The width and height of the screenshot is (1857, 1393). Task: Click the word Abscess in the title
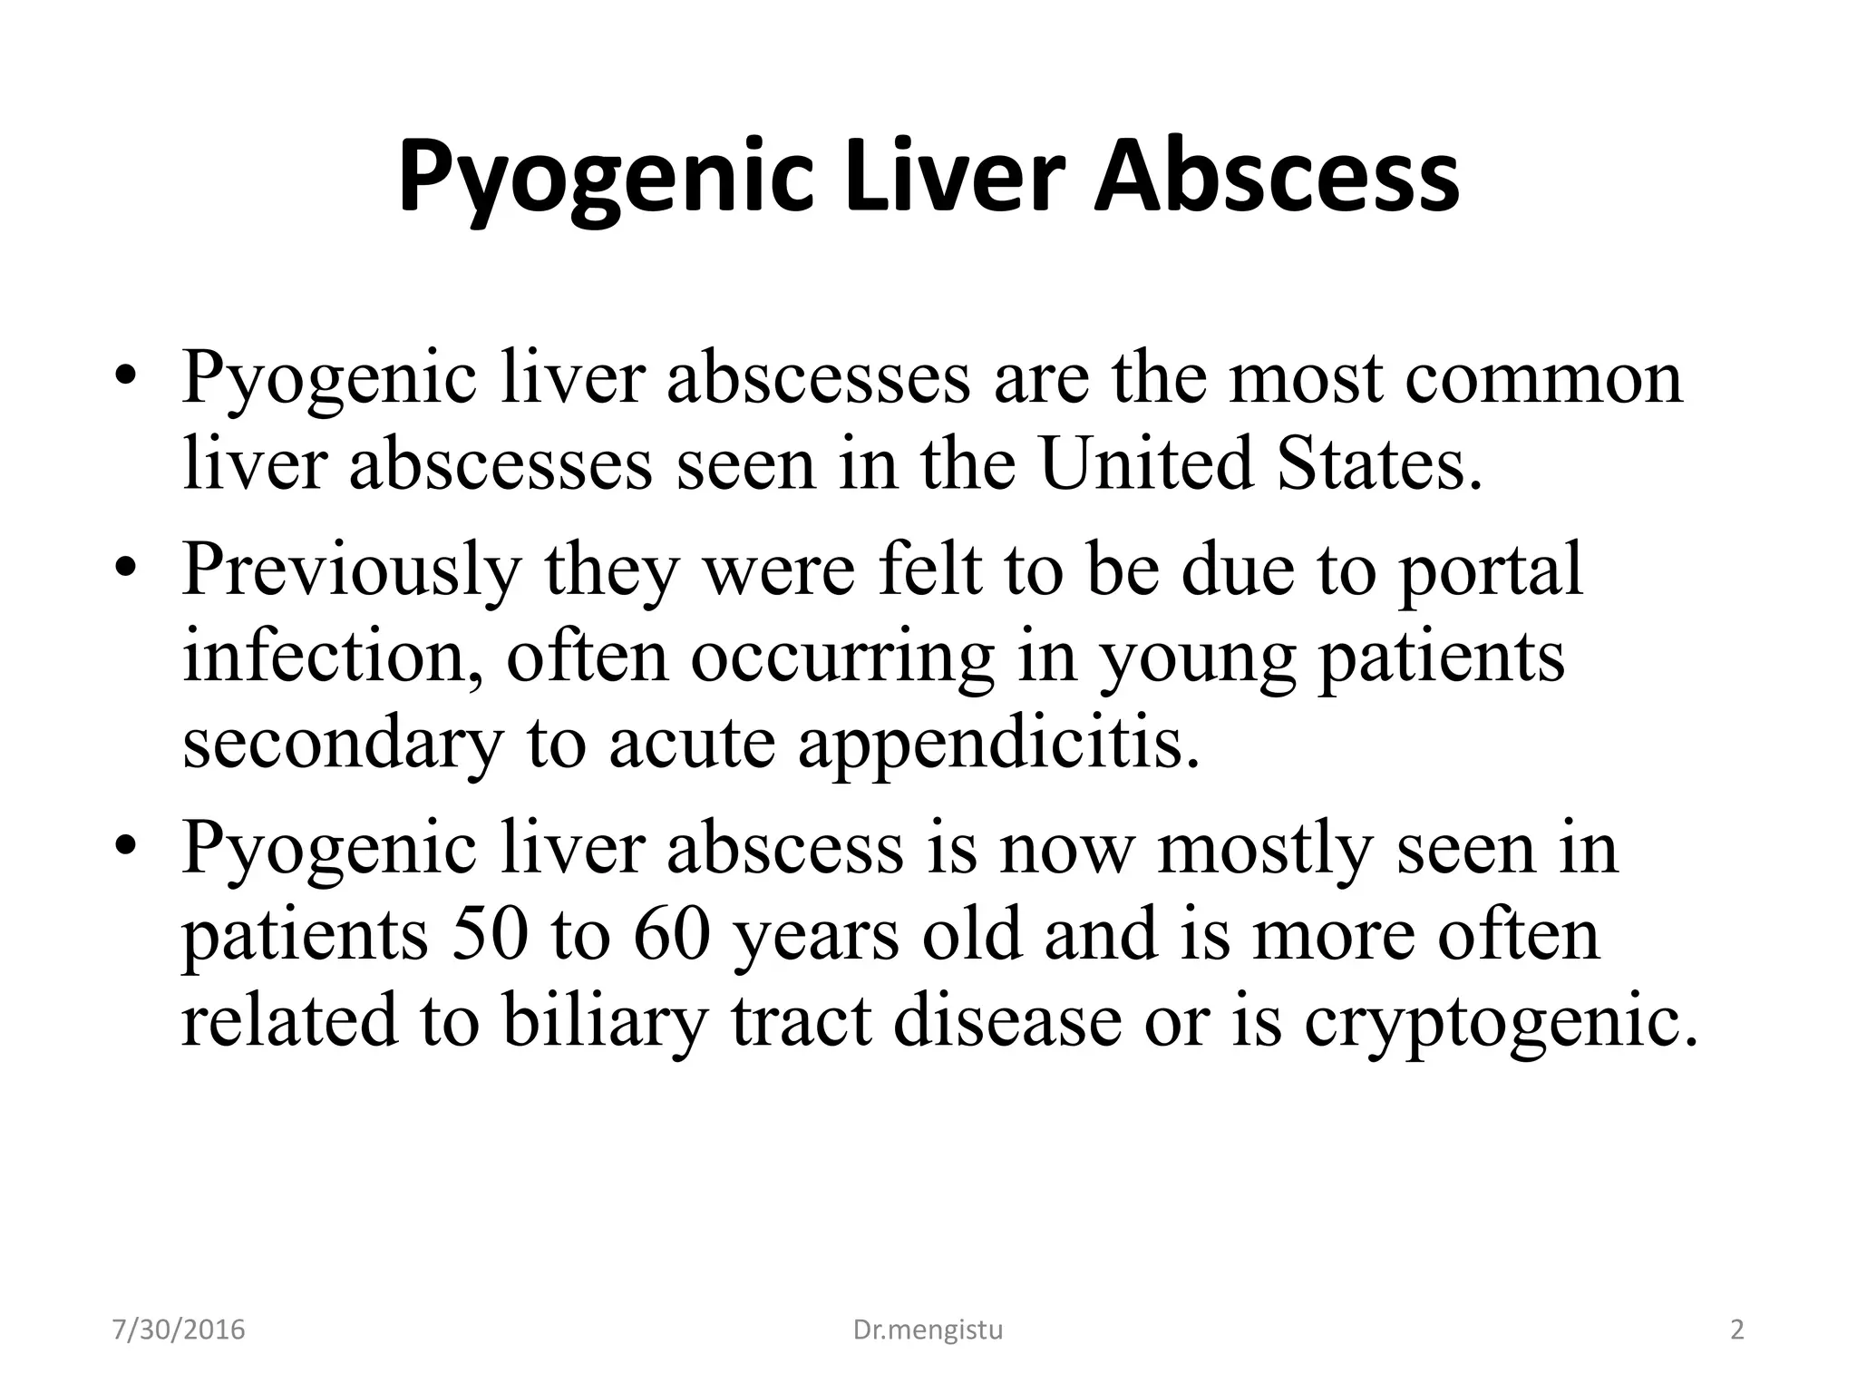pyautogui.click(x=1277, y=177)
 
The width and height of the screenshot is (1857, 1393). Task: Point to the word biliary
pyautogui.click(x=604, y=1021)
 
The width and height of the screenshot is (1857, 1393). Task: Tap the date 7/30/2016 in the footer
pyautogui.click(x=179, y=1330)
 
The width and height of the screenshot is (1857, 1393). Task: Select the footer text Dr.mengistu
pyautogui.click(x=928, y=1330)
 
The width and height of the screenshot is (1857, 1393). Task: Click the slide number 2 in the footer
pyautogui.click(x=1736, y=1330)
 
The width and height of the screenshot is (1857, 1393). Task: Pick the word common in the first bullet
pyautogui.click(x=1544, y=377)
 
